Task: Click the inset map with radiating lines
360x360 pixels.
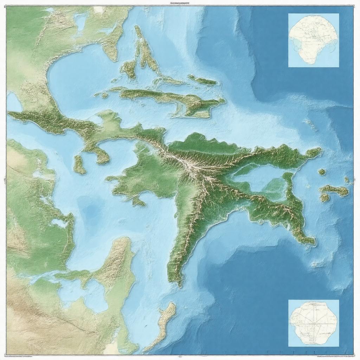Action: pyautogui.click(x=314, y=323)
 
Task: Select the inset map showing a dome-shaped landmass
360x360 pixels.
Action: pyautogui.click(x=314, y=40)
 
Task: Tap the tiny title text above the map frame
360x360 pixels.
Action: pyautogui.click(x=179, y=3)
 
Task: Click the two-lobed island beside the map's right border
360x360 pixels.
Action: pyautogui.click(x=333, y=192)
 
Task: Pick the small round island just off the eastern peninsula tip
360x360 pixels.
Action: pyautogui.click(x=322, y=172)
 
